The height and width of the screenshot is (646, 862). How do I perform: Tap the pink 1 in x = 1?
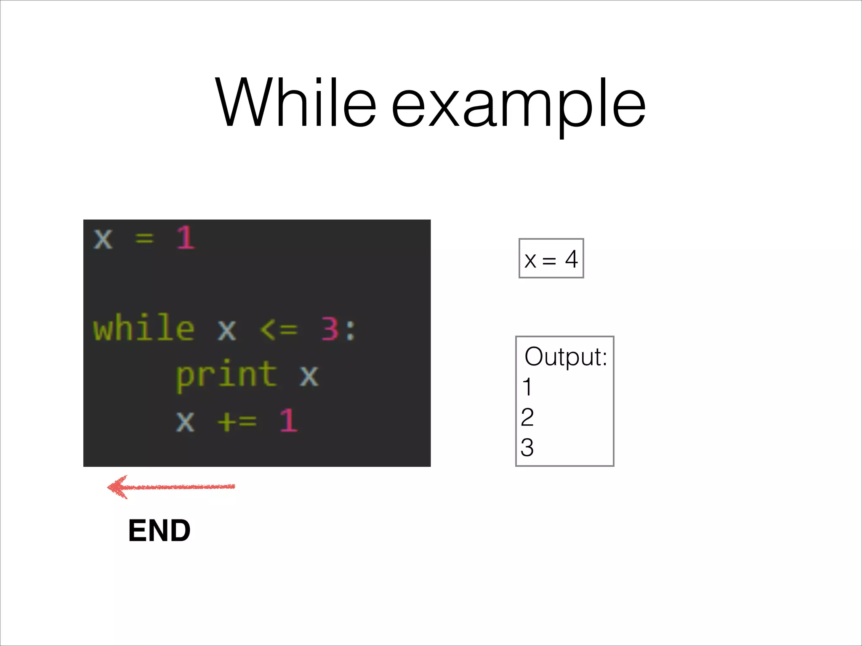[186, 238]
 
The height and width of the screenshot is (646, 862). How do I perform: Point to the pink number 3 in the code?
[330, 329]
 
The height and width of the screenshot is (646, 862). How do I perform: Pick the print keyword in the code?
[226, 375]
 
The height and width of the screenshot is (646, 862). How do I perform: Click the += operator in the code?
[237, 421]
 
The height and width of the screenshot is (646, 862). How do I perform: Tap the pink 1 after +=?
[289, 421]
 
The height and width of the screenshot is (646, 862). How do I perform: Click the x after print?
[309, 375]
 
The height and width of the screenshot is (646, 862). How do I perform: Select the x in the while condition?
[227, 330]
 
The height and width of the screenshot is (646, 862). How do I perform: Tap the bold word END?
[159, 531]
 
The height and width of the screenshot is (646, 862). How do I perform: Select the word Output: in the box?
[566, 357]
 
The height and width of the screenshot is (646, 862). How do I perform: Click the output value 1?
[527, 387]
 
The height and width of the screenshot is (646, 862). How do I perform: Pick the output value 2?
[527, 417]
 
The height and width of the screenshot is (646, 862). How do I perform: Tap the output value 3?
[527, 447]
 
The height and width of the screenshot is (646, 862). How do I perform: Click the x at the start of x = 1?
[103, 239]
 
